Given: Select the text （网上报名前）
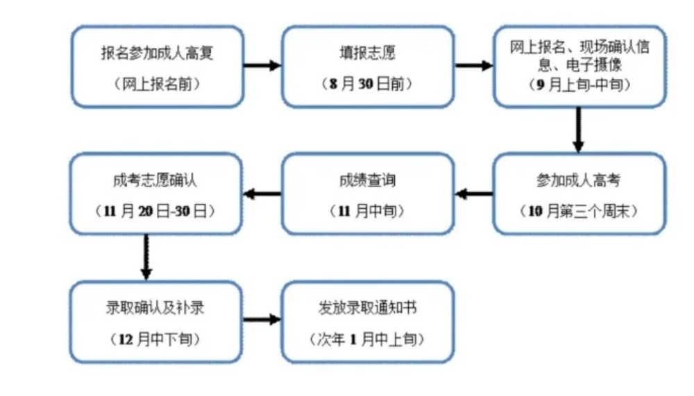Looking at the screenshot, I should (x=156, y=84).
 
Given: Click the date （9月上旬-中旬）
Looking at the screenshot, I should (x=579, y=84).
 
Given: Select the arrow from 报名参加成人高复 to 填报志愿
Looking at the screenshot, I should (x=262, y=66).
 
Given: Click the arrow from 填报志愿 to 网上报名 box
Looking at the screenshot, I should (x=473, y=66).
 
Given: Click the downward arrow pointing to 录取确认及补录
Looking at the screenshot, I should (x=146, y=257).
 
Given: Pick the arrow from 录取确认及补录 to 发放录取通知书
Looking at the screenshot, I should (x=262, y=320).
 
